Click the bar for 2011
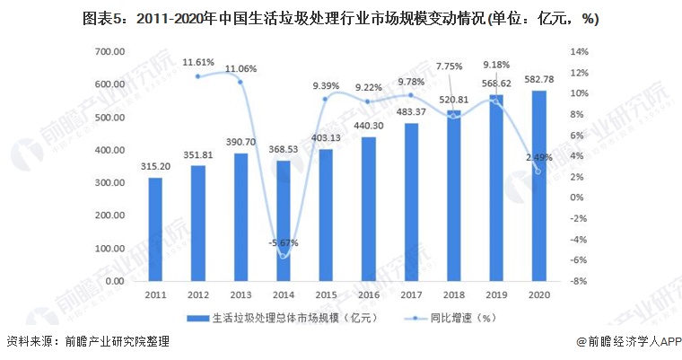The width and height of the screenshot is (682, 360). [x=155, y=229]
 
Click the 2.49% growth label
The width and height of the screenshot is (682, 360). [x=538, y=158]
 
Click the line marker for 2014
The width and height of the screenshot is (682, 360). [x=283, y=257]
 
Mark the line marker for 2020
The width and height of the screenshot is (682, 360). [x=538, y=171]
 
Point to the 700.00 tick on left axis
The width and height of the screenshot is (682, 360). [x=108, y=52]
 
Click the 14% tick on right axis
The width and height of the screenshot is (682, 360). [x=580, y=52]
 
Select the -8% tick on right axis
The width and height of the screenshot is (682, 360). [x=580, y=281]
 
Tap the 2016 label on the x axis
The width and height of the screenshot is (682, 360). [x=368, y=294]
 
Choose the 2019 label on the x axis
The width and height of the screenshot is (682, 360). [x=496, y=294]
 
